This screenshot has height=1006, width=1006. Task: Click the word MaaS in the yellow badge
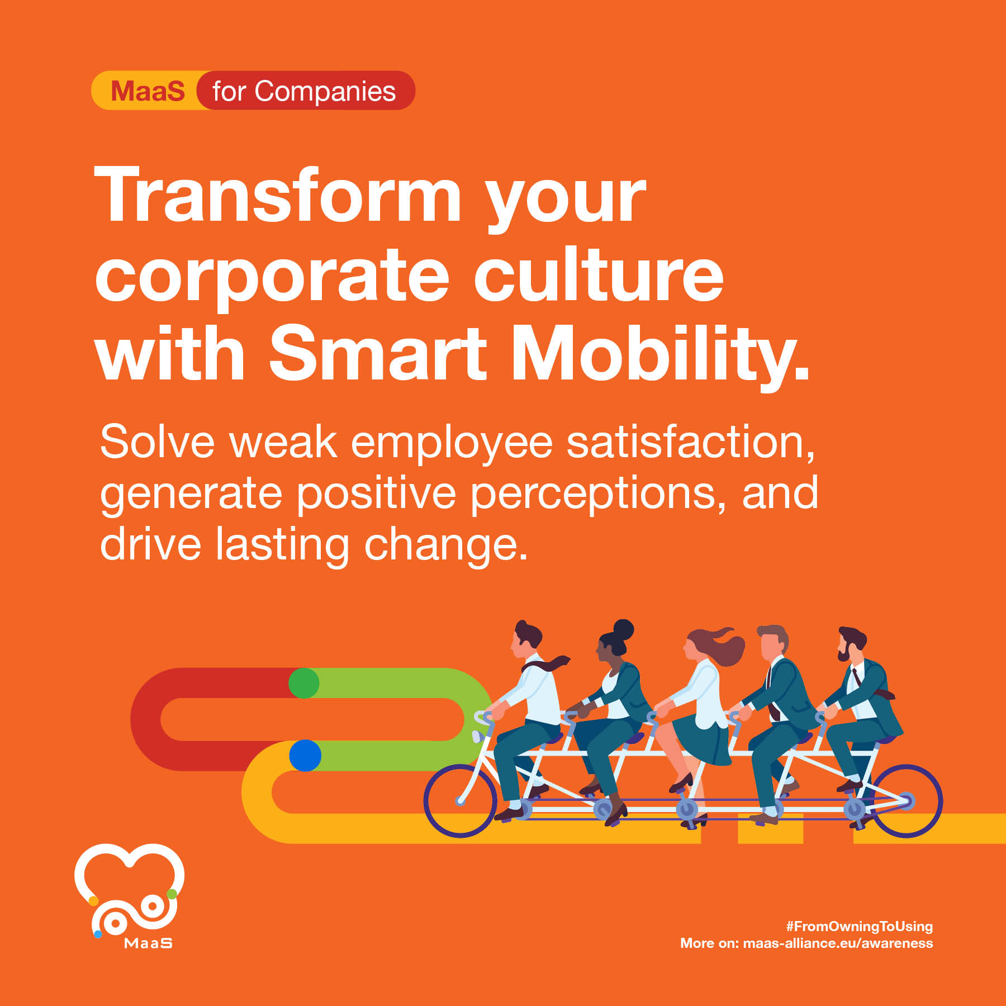pos(148,91)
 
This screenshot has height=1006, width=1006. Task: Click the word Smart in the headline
pos(378,353)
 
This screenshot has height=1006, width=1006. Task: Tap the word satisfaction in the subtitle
pos(691,442)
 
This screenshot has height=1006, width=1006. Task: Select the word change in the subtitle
pos(446,544)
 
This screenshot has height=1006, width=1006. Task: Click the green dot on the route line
pos(304,683)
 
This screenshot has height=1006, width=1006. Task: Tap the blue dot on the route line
pos(305,756)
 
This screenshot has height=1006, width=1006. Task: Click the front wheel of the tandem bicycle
pos(460,800)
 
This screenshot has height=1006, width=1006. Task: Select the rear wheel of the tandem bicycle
pos(906,800)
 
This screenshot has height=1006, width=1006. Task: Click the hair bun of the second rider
pos(623,629)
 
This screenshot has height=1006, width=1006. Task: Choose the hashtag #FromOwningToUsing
pos(860,926)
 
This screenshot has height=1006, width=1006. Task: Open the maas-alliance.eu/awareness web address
pos(838,943)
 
